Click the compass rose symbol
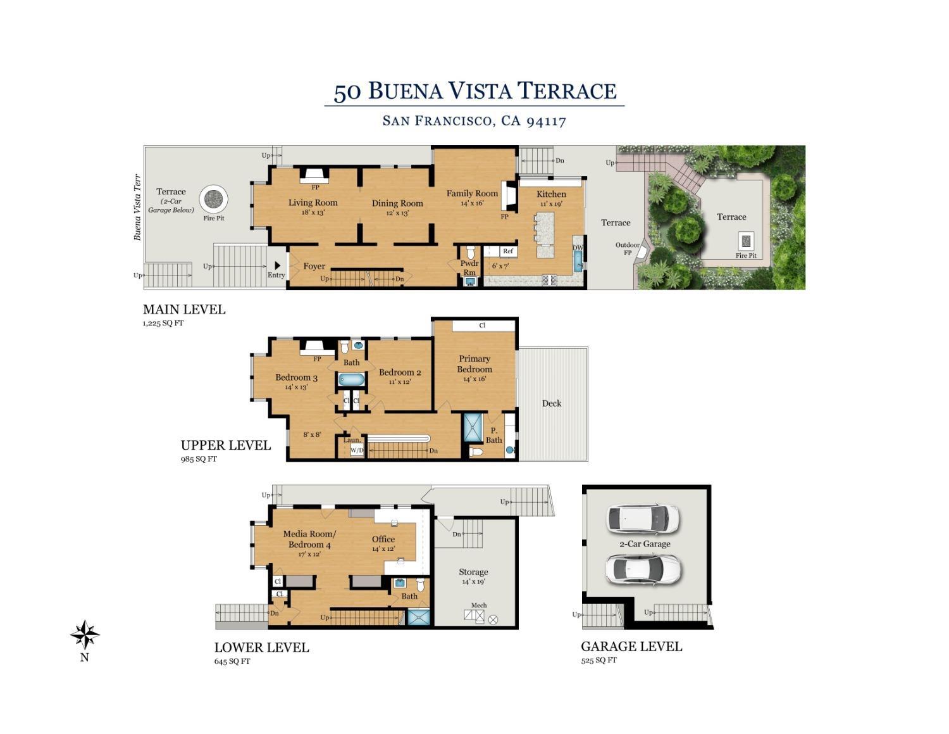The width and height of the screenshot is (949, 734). tap(84, 635)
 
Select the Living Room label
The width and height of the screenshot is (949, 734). tap(313, 203)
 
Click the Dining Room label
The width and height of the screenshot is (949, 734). tap(397, 203)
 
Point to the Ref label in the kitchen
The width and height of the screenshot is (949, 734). tap(507, 251)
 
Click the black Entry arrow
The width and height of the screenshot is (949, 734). tap(277, 266)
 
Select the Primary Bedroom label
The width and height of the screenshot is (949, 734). tap(474, 364)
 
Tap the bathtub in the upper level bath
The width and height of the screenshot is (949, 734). tap(351, 380)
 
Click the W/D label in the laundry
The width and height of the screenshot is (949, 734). tap(357, 451)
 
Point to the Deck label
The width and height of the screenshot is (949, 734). tap(551, 403)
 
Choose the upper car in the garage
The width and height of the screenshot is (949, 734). tap(643, 519)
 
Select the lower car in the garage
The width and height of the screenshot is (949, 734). tap(643, 569)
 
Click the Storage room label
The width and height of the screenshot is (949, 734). tap(473, 572)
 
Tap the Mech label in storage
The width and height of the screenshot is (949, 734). tap(479, 605)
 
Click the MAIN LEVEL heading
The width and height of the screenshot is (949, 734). tap(184, 310)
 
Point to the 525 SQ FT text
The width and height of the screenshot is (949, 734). tap(599, 660)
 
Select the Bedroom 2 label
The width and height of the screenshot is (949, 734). tap(400, 372)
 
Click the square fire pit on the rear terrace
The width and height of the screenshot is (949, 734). tap(746, 241)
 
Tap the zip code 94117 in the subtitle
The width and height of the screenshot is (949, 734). tap(546, 120)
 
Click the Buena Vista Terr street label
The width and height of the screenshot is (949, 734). tap(137, 207)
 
